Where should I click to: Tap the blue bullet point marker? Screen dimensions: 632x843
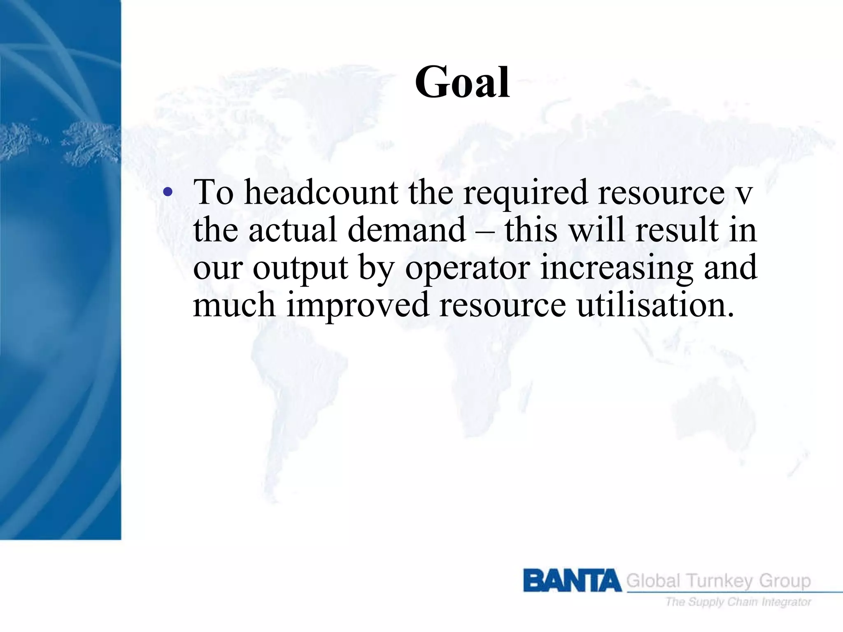click(168, 192)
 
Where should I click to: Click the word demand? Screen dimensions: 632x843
click(407, 230)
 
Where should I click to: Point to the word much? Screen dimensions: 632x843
click(234, 305)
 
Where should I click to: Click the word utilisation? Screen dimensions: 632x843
click(655, 305)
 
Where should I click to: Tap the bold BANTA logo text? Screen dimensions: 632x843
click(572, 581)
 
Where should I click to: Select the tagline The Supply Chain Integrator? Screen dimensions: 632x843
click(738, 602)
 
